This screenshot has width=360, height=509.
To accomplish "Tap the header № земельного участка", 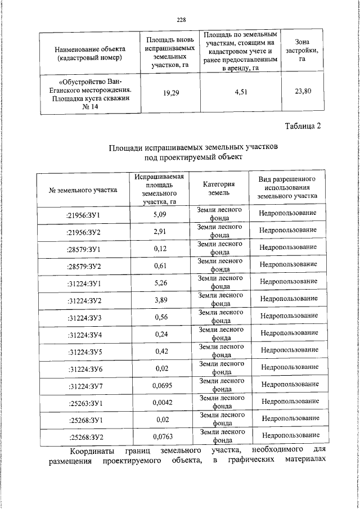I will pyautogui.click(x=83, y=190).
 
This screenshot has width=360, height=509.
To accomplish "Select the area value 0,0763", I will pyautogui.click(x=162, y=436).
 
